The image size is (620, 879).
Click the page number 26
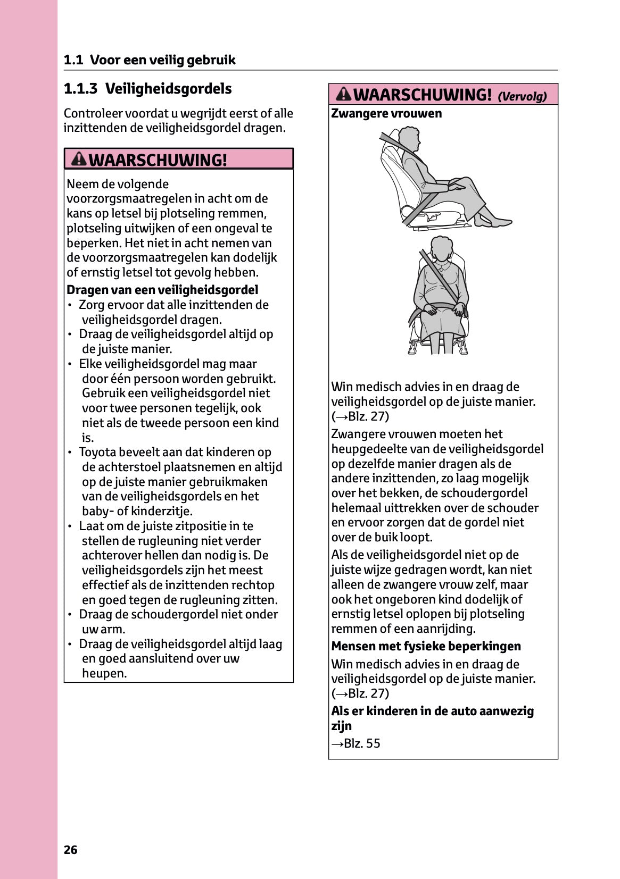[x=71, y=850]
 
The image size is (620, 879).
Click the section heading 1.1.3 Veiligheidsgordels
[x=147, y=89]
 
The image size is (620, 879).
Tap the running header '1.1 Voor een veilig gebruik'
[x=150, y=60]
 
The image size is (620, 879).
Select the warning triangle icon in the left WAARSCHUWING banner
[x=79, y=159]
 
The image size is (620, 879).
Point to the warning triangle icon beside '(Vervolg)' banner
[x=344, y=94]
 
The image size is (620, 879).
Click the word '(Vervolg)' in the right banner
[x=522, y=96]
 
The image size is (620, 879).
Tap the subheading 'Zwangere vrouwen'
[x=386, y=114]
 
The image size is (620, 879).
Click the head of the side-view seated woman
[x=410, y=138]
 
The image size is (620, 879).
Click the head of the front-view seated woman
[x=441, y=248]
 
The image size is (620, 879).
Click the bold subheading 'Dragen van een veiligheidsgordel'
[x=162, y=290]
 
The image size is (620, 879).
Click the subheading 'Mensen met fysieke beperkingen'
[x=426, y=647]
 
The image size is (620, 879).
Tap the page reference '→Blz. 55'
[x=356, y=743]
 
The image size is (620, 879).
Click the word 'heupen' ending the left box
[x=104, y=674]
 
